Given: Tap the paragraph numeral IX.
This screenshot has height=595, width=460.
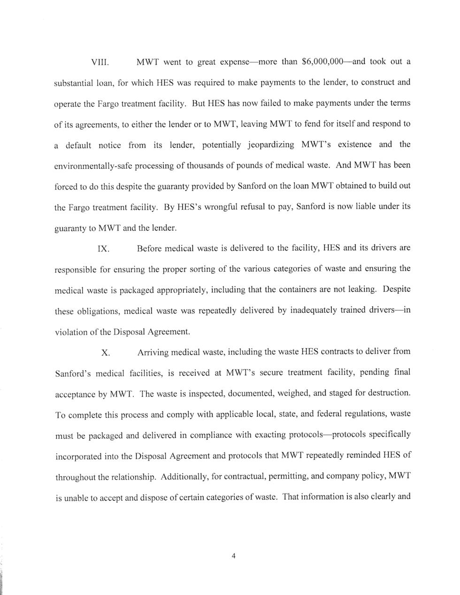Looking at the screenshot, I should pos(103,249).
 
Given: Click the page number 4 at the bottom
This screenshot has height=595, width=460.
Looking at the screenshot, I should pos(233,556).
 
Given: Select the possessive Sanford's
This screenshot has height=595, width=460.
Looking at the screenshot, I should pos(74,374).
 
